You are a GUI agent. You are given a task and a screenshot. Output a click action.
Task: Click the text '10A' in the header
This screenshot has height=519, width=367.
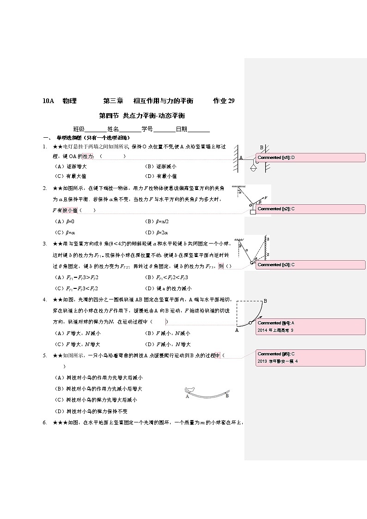48,101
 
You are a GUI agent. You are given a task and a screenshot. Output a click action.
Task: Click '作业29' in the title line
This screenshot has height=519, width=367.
224,101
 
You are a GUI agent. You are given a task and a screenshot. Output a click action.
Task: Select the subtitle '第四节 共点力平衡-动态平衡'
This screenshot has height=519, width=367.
142,116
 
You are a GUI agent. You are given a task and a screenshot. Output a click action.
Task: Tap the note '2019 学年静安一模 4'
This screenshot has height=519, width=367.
277,361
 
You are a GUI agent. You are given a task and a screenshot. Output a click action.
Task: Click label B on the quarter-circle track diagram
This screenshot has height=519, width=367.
265,301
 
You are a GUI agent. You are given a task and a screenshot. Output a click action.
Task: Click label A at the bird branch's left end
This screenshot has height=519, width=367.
187,397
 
